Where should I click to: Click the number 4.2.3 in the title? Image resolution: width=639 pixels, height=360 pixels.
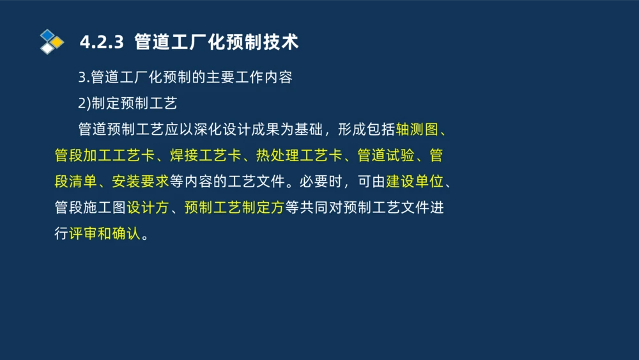(x=101, y=42)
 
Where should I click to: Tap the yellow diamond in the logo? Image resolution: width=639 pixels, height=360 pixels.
(x=58, y=42)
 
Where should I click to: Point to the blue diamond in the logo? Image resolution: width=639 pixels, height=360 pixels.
(x=47, y=35)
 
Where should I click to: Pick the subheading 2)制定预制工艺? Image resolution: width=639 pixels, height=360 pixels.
(x=127, y=104)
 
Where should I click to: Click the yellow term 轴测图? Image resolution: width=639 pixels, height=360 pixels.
(x=417, y=129)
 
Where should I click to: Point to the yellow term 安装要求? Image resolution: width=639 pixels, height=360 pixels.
(x=141, y=182)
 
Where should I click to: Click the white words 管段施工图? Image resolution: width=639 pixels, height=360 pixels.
(x=90, y=208)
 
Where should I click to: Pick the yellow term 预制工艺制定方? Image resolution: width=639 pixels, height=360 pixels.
(x=234, y=208)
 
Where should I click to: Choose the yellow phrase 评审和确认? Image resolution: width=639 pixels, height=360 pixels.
(x=104, y=234)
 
